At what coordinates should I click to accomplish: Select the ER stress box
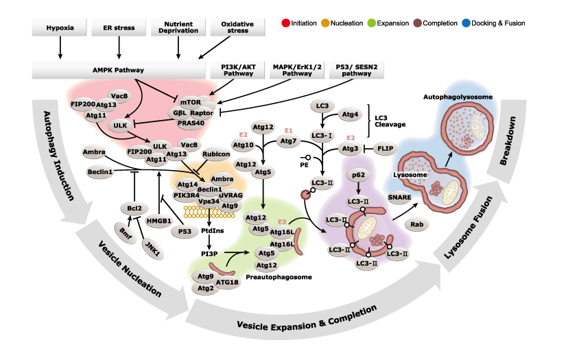pos(119,29)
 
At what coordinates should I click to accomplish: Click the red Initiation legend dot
pos(285,23)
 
